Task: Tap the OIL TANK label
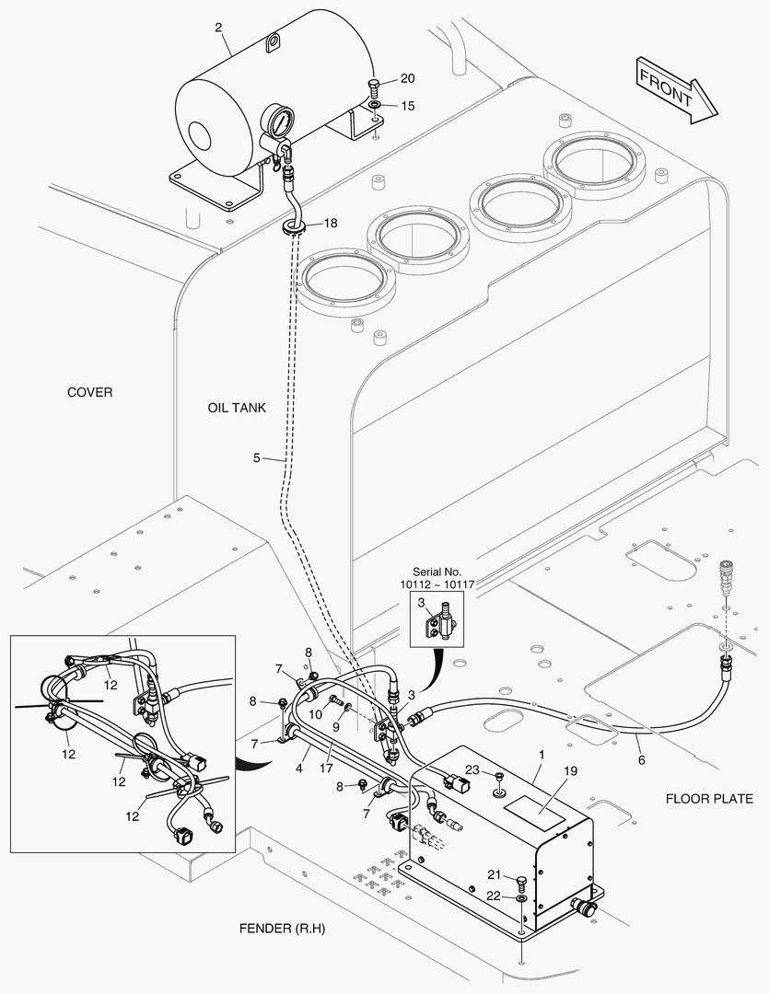pos(237,407)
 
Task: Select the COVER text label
pos(90,392)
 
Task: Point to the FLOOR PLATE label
pos(716,799)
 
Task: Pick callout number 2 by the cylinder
pos(219,28)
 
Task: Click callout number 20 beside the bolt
pos(407,78)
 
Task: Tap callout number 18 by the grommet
pos(331,223)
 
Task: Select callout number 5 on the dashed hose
pos(257,457)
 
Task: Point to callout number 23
pos(472,770)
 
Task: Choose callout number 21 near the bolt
pos(494,874)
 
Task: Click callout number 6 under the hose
pos(641,760)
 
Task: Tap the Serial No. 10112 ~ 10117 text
pos(437,577)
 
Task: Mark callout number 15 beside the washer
pos(407,106)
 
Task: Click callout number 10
pos(314,714)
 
